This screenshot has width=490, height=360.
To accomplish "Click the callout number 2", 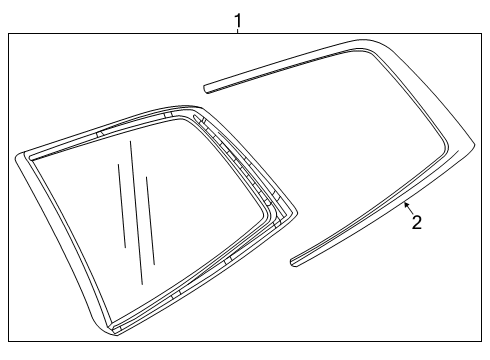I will click(x=417, y=222).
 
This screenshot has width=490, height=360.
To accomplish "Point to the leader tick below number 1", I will click(x=238, y=31).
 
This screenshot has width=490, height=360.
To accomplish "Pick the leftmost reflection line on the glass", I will click(x=121, y=205).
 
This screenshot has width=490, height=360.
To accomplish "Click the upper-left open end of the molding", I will click(x=206, y=87).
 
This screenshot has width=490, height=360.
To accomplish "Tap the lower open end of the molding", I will click(x=293, y=263).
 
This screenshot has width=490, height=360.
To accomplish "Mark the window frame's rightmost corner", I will click(x=295, y=212).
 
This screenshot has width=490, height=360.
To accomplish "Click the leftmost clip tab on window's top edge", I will click(x=100, y=132).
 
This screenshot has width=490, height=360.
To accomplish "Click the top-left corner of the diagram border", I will click(x=9, y=33).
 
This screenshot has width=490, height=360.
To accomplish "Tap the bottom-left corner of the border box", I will click(x=9, y=342).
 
